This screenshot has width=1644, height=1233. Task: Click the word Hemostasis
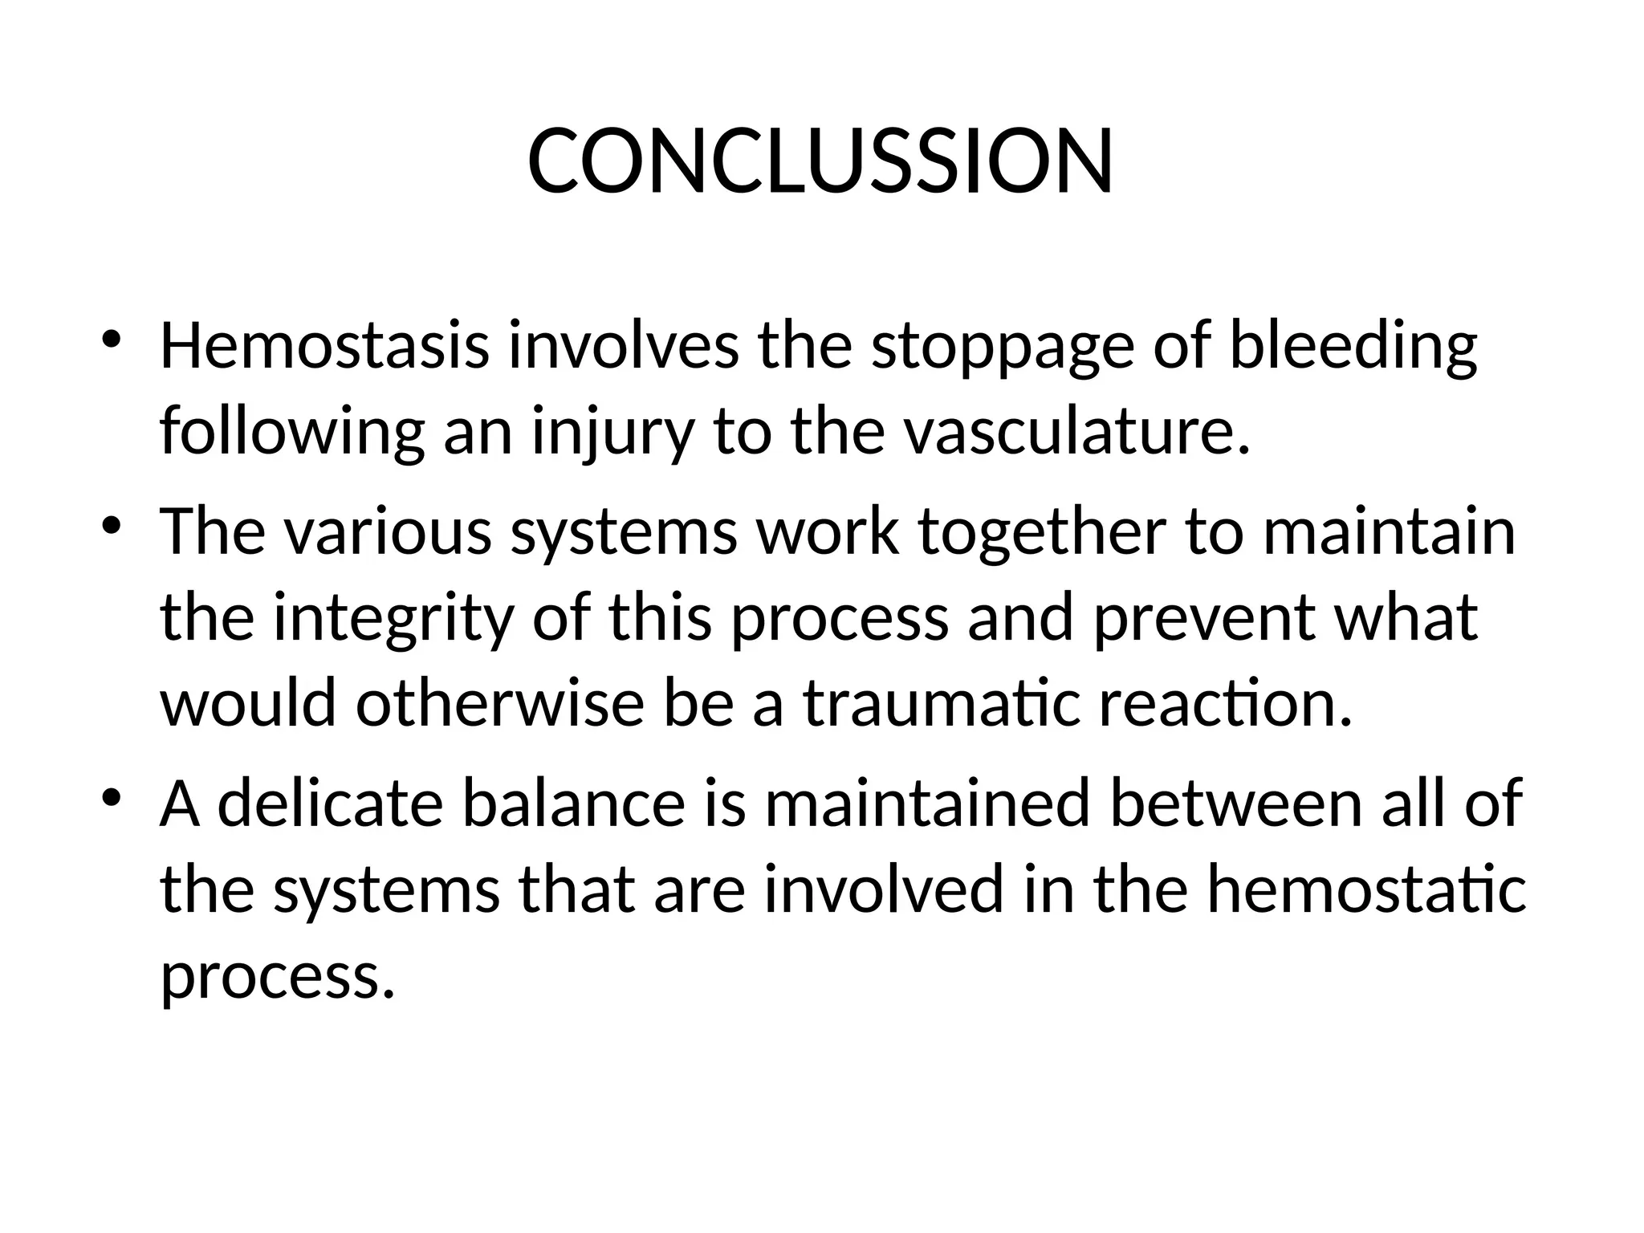coord(324,346)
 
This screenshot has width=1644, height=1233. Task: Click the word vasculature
coord(1076,432)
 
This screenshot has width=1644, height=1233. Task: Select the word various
coord(386,531)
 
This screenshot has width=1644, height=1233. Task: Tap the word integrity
coord(393,620)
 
